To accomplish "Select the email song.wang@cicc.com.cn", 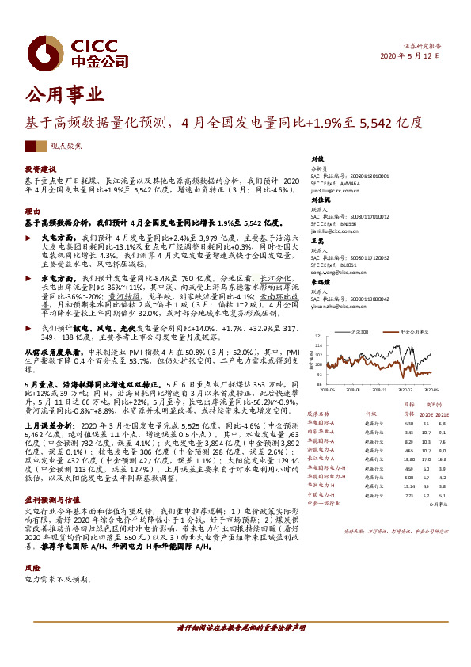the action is pyautogui.click(x=336, y=270).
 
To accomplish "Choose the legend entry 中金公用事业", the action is pyautogui.click(x=413, y=333).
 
